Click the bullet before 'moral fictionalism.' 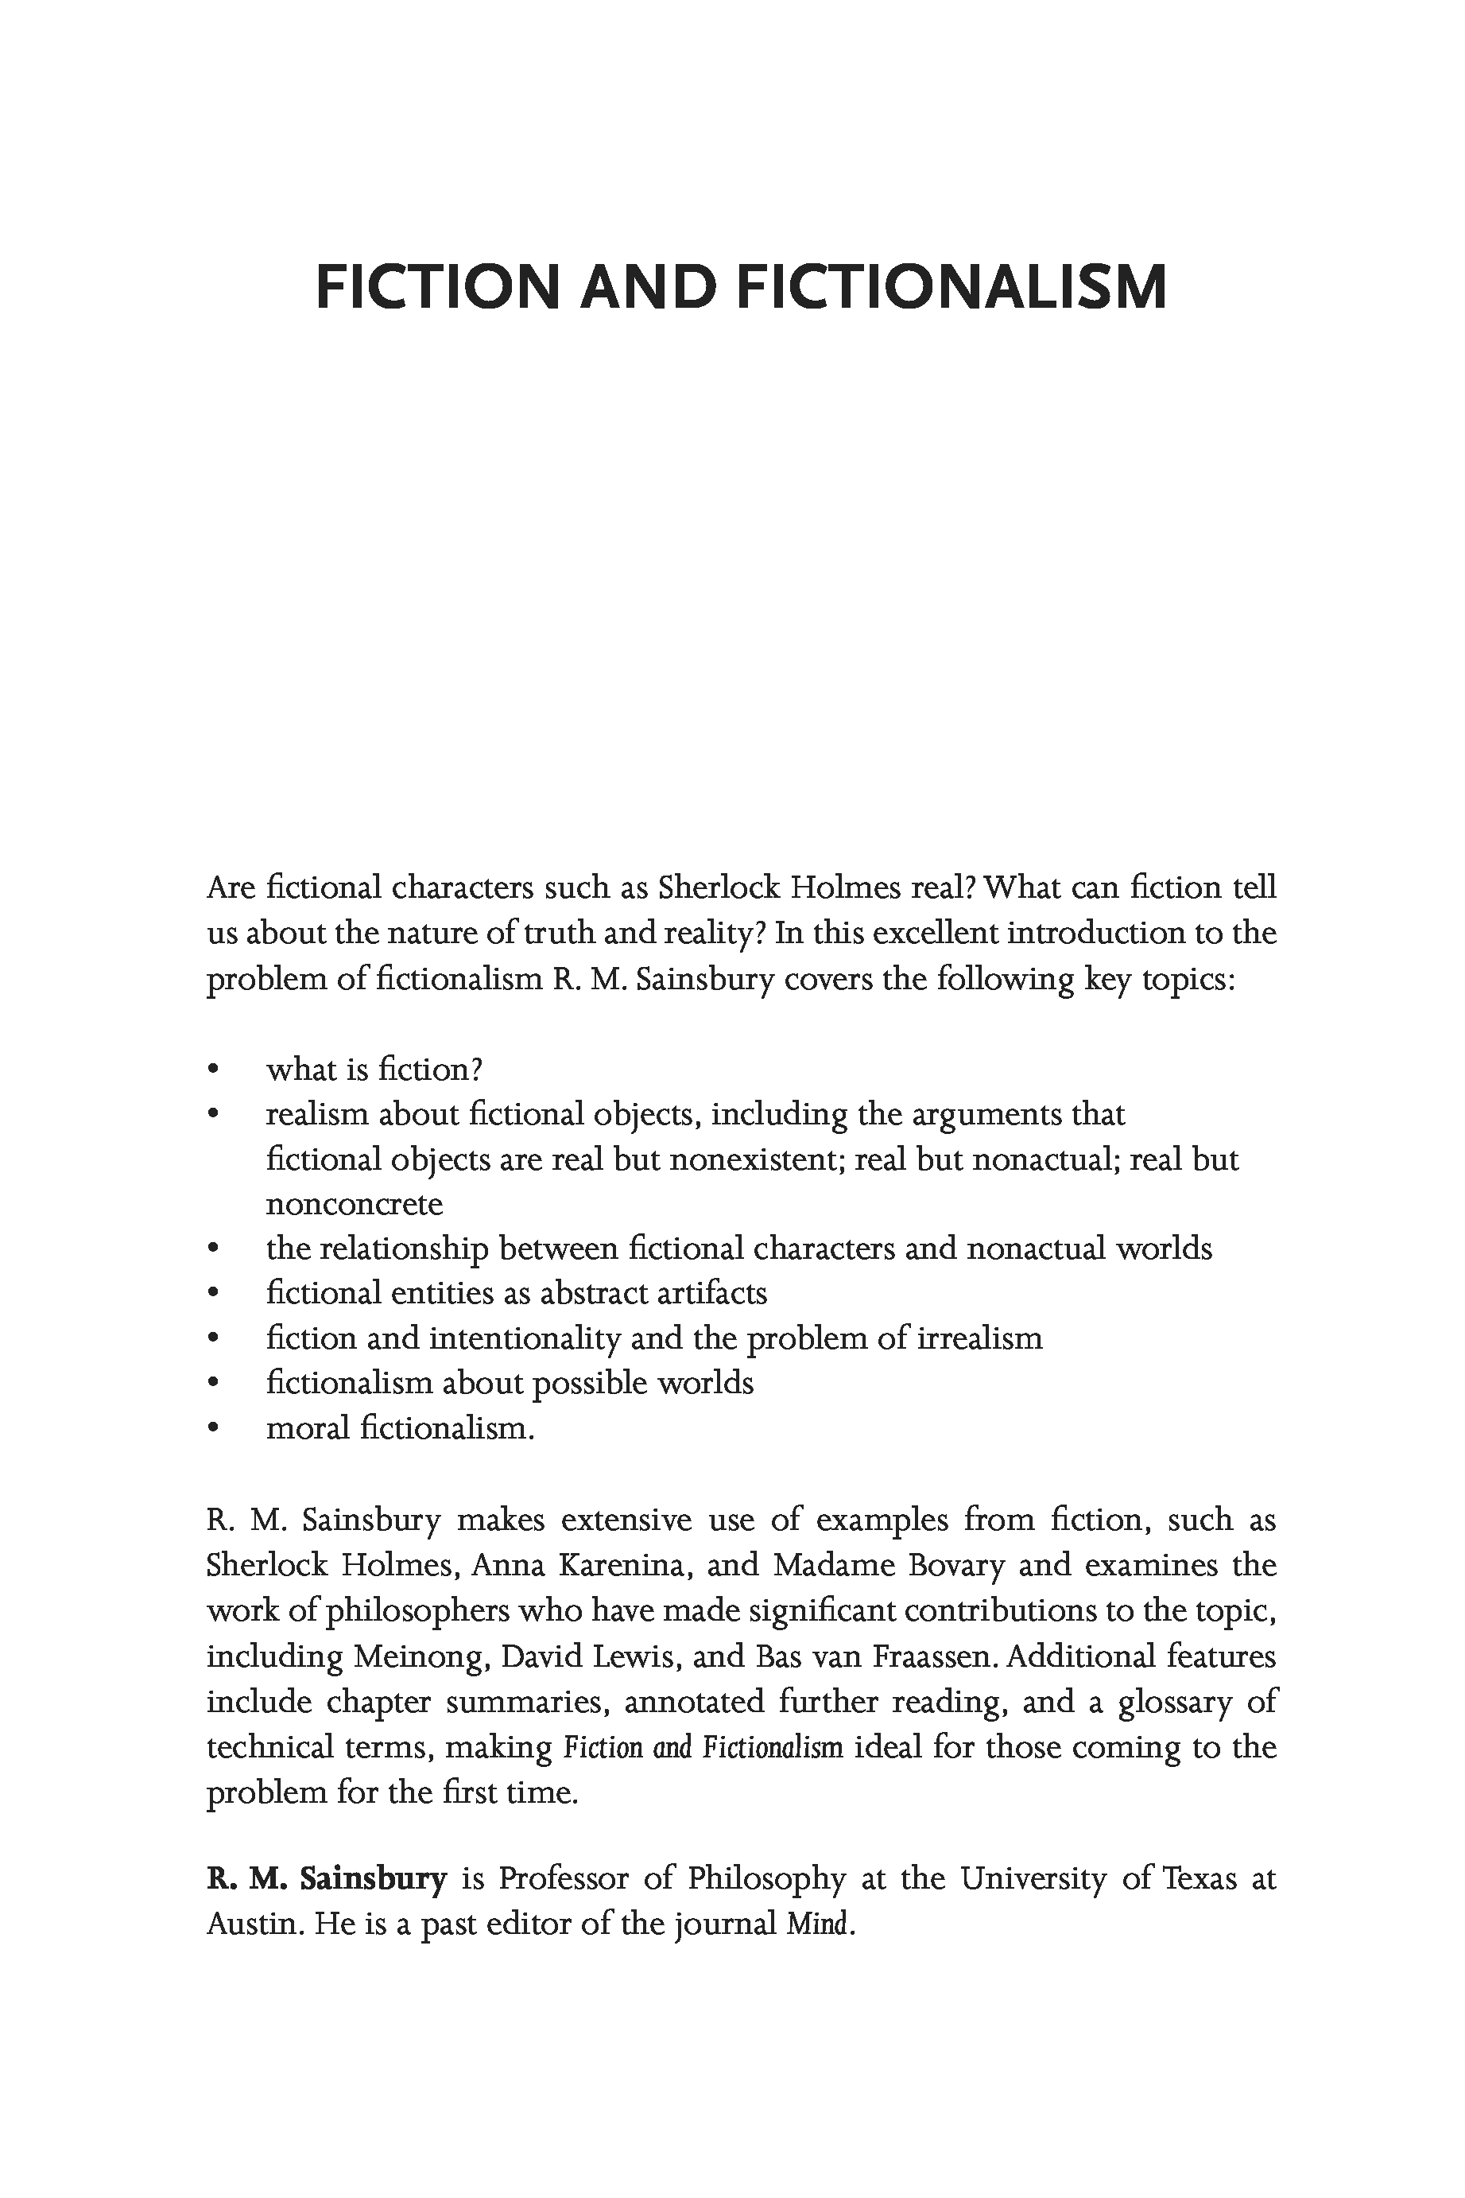[214, 1429]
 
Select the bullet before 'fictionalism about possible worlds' [214, 1383]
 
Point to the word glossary [1174, 1702]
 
